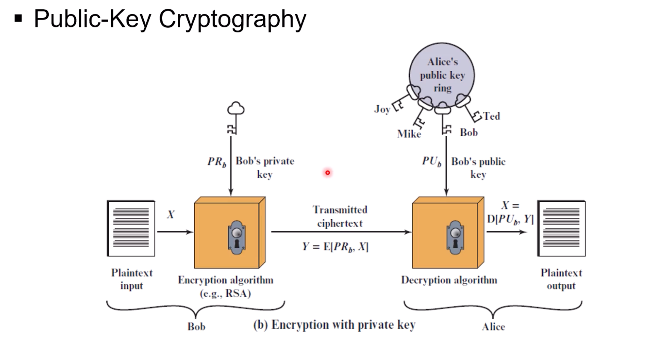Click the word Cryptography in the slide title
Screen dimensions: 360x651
232,19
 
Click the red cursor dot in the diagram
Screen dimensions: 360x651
327,173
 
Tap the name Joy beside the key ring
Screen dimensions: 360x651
382,109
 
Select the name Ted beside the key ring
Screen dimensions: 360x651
491,116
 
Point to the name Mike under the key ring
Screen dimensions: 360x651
409,134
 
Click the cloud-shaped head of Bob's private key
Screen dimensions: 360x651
236,109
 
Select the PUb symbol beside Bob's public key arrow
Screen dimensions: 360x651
431,161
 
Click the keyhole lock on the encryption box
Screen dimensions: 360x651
237,238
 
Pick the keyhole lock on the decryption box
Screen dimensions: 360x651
455,238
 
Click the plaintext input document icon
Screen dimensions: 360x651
131,228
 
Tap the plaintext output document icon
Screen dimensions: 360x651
561,228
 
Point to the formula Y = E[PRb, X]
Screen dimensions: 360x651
335,247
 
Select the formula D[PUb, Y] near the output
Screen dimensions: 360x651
510,219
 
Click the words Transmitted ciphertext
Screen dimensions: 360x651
340,216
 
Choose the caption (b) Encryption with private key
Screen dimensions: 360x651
334,325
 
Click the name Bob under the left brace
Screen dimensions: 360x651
196,327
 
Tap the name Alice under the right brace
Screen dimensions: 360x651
493,327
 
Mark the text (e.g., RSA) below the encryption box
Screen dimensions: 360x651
225,293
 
